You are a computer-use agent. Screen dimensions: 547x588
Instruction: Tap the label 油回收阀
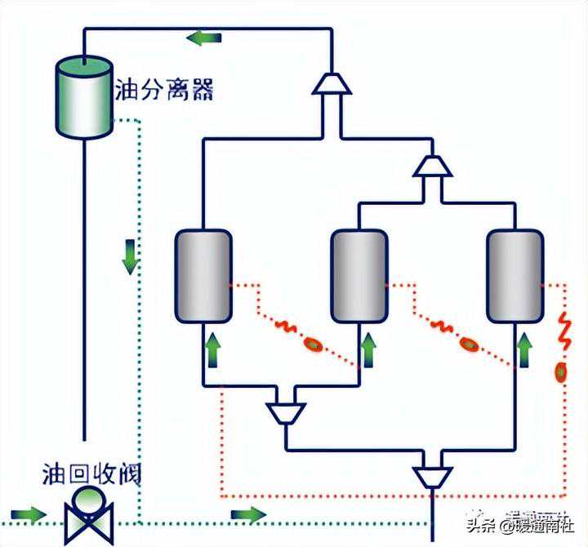(91, 474)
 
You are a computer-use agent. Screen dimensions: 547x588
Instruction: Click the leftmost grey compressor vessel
(203, 275)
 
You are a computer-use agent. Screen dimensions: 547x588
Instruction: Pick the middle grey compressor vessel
(359, 275)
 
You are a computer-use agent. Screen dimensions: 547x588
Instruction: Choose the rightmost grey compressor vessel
(514, 275)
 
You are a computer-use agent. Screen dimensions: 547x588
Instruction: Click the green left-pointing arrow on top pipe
(203, 38)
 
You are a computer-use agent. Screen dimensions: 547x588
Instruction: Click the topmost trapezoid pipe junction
(332, 83)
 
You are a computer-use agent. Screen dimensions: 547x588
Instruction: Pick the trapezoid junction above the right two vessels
(431, 166)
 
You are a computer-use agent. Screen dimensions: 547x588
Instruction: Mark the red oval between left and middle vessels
(311, 345)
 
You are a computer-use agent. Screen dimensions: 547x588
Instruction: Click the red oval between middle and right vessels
(467, 345)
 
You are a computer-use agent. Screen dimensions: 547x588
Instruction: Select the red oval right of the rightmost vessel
(561, 372)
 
